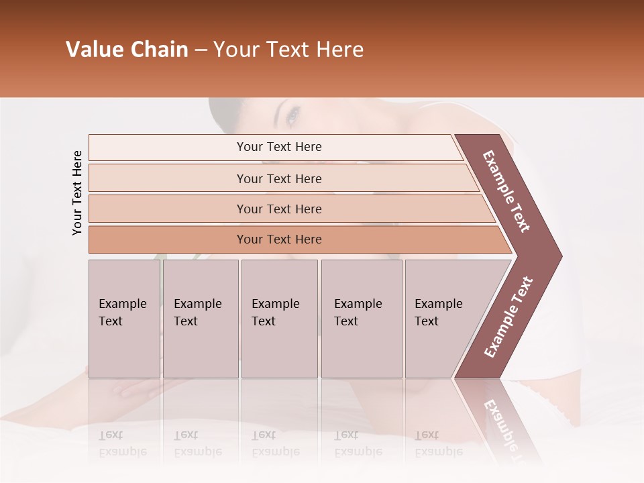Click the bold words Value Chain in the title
point(127,50)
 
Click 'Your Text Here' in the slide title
point(288,50)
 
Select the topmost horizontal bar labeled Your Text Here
point(278,147)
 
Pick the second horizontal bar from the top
point(278,178)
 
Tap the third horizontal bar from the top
point(278,209)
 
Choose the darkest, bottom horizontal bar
point(278,239)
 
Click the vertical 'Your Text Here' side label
point(77,193)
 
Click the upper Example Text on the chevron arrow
point(506,191)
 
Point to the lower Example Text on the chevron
point(508,317)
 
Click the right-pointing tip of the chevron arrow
point(558,256)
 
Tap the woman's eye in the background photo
point(292,117)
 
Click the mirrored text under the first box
point(122,443)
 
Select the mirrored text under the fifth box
point(438,443)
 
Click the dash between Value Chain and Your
point(201,50)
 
